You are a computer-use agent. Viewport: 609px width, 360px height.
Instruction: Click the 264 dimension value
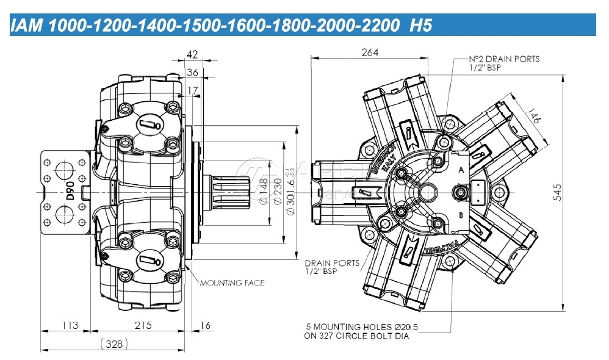point(370,52)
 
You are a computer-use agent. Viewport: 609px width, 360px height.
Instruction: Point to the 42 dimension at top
point(192,55)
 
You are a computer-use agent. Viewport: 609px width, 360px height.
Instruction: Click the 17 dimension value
point(193,91)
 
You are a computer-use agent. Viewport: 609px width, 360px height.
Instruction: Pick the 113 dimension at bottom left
point(70,325)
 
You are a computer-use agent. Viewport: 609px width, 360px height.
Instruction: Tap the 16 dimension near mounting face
point(205,325)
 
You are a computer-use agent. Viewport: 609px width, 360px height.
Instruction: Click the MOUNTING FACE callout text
point(232,283)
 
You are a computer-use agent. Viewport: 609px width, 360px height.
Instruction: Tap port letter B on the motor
point(461,215)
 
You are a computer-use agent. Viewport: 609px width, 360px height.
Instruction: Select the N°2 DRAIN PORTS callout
point(505,63)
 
